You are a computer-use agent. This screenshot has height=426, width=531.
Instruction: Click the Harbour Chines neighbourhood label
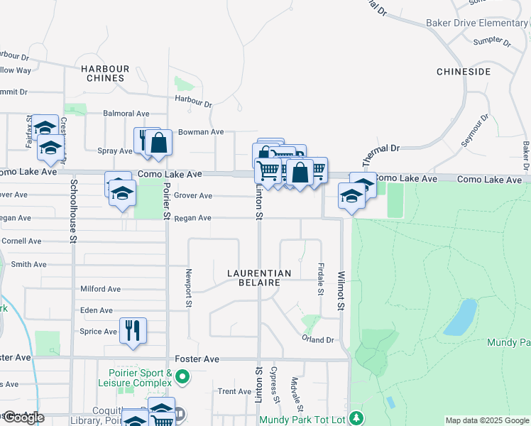pos(105,73)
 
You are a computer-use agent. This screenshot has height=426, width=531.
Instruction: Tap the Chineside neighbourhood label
pos(464,72)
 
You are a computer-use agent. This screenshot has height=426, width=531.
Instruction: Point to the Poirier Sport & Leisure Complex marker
pos(183,376)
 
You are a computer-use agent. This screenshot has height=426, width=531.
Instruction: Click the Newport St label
pos(189,288)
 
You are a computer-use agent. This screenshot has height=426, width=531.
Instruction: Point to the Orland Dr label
pos(318,340)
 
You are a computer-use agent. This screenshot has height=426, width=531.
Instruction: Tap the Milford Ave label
pos(101,289)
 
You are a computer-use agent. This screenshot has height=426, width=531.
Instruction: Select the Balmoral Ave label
pos(126,113)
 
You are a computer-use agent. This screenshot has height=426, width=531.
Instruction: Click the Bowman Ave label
pos(201,132)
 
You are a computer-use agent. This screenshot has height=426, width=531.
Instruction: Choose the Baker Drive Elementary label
pos(476,23)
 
